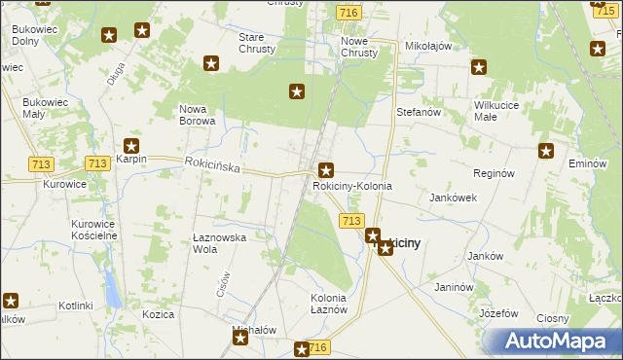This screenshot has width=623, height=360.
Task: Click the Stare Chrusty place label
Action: (257, 43)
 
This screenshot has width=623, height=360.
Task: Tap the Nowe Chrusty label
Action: (358, 47)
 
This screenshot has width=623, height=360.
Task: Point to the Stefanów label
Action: (420, 112)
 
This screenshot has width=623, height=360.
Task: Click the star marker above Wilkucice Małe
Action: (479, 67)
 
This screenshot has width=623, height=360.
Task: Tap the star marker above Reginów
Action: (546, 151)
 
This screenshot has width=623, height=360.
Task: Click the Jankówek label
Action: (453, 197)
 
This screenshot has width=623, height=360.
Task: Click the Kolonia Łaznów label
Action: (329, 303)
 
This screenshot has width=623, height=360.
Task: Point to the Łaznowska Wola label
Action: (219, 242)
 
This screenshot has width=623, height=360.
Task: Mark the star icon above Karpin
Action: (144, 145)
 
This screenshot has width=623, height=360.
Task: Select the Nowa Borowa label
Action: (197, 115)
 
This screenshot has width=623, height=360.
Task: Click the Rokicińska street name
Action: (211, 166)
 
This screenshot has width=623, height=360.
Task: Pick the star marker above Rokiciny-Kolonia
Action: (326, 169)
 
